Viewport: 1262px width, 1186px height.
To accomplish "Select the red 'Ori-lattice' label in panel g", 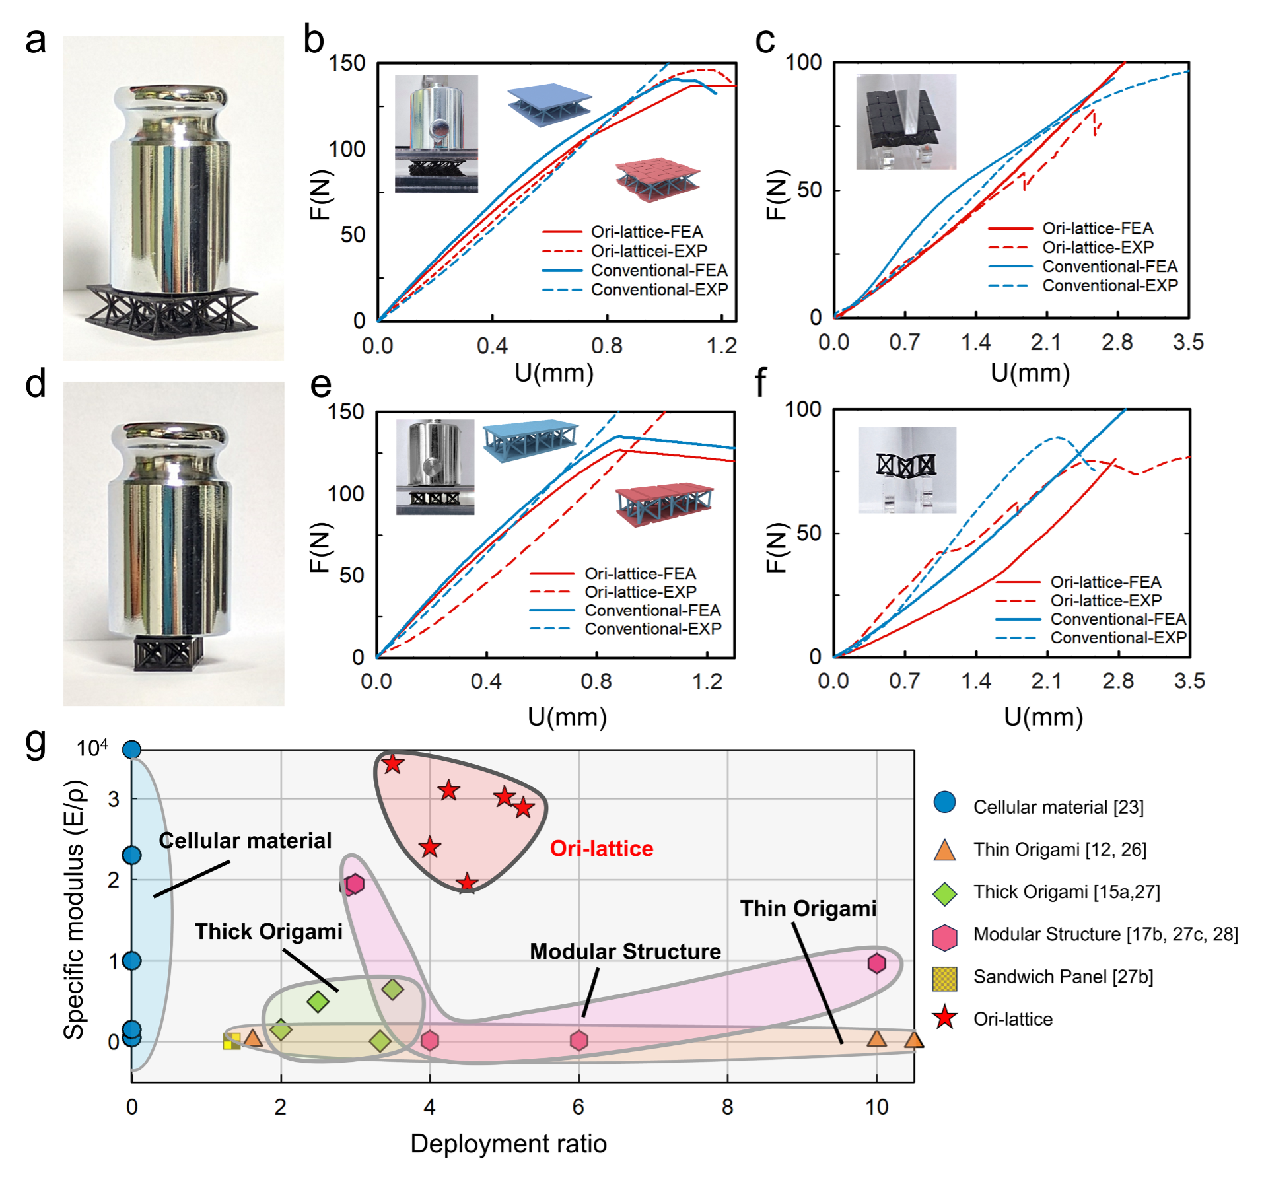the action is pos(602,848).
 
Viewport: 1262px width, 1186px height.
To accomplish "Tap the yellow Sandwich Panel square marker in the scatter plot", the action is pos(231,1041).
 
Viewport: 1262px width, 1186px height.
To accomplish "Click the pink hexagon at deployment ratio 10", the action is pos(876,963).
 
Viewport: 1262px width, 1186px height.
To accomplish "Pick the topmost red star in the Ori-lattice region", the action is pos(393,763).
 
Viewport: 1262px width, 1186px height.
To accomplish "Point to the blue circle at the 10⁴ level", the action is pos(132,750).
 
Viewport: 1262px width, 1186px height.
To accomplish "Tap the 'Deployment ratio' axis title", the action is pos(508,1143).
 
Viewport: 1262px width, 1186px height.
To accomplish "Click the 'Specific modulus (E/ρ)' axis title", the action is pos(74,911).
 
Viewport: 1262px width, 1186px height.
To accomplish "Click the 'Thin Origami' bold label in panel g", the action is pos(808,908).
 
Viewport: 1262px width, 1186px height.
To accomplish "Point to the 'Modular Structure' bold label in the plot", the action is pos(625,951).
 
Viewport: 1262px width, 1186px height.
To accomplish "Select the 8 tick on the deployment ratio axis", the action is pos(727,1106).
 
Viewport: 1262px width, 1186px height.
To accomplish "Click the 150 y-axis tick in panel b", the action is pos(347,63).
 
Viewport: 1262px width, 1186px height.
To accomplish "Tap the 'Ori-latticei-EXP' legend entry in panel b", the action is pos(649,251).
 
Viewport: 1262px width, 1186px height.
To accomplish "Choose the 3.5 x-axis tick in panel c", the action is pos(1188,342).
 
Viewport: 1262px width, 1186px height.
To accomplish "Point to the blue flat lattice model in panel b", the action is pos(549,104).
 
